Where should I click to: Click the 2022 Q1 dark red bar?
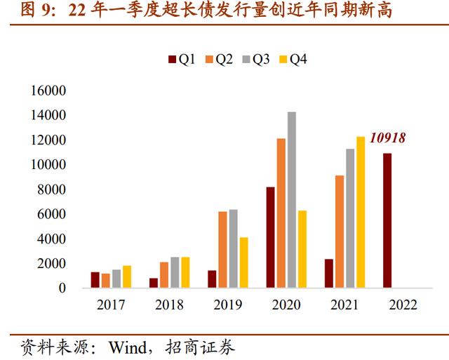click(x=387, y=220)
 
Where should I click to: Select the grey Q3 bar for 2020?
click(x=292, y=200)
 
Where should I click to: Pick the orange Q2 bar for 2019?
click(x=223, y=249)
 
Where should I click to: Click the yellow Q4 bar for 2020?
click(x=302, y=249)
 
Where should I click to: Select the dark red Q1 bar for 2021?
click(x=329, y=273)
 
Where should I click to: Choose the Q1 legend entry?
click(x=181, y=60)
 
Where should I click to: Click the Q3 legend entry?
click(x=255, y=60)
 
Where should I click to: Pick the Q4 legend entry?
click(x=293, y=60)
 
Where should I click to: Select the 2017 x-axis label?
click(x=111, y=305)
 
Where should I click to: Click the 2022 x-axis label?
click(x=403, y=305)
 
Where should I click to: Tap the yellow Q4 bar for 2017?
click(x=127, y=276)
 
